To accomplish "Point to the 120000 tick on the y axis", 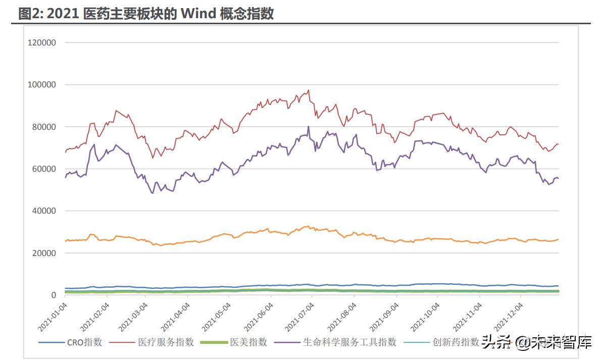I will click(x=42, y=42).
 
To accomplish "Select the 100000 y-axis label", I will click(x=42, y=84).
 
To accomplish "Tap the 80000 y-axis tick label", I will click(x=44, y=127).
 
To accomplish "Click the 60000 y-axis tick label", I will click(x=44, y=169).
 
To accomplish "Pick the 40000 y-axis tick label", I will click(x=44, y=211).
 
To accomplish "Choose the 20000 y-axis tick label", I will click(x=44, y=253).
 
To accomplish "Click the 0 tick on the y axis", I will click(x=53, y=295).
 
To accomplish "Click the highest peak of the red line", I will click(x=309, y=90).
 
